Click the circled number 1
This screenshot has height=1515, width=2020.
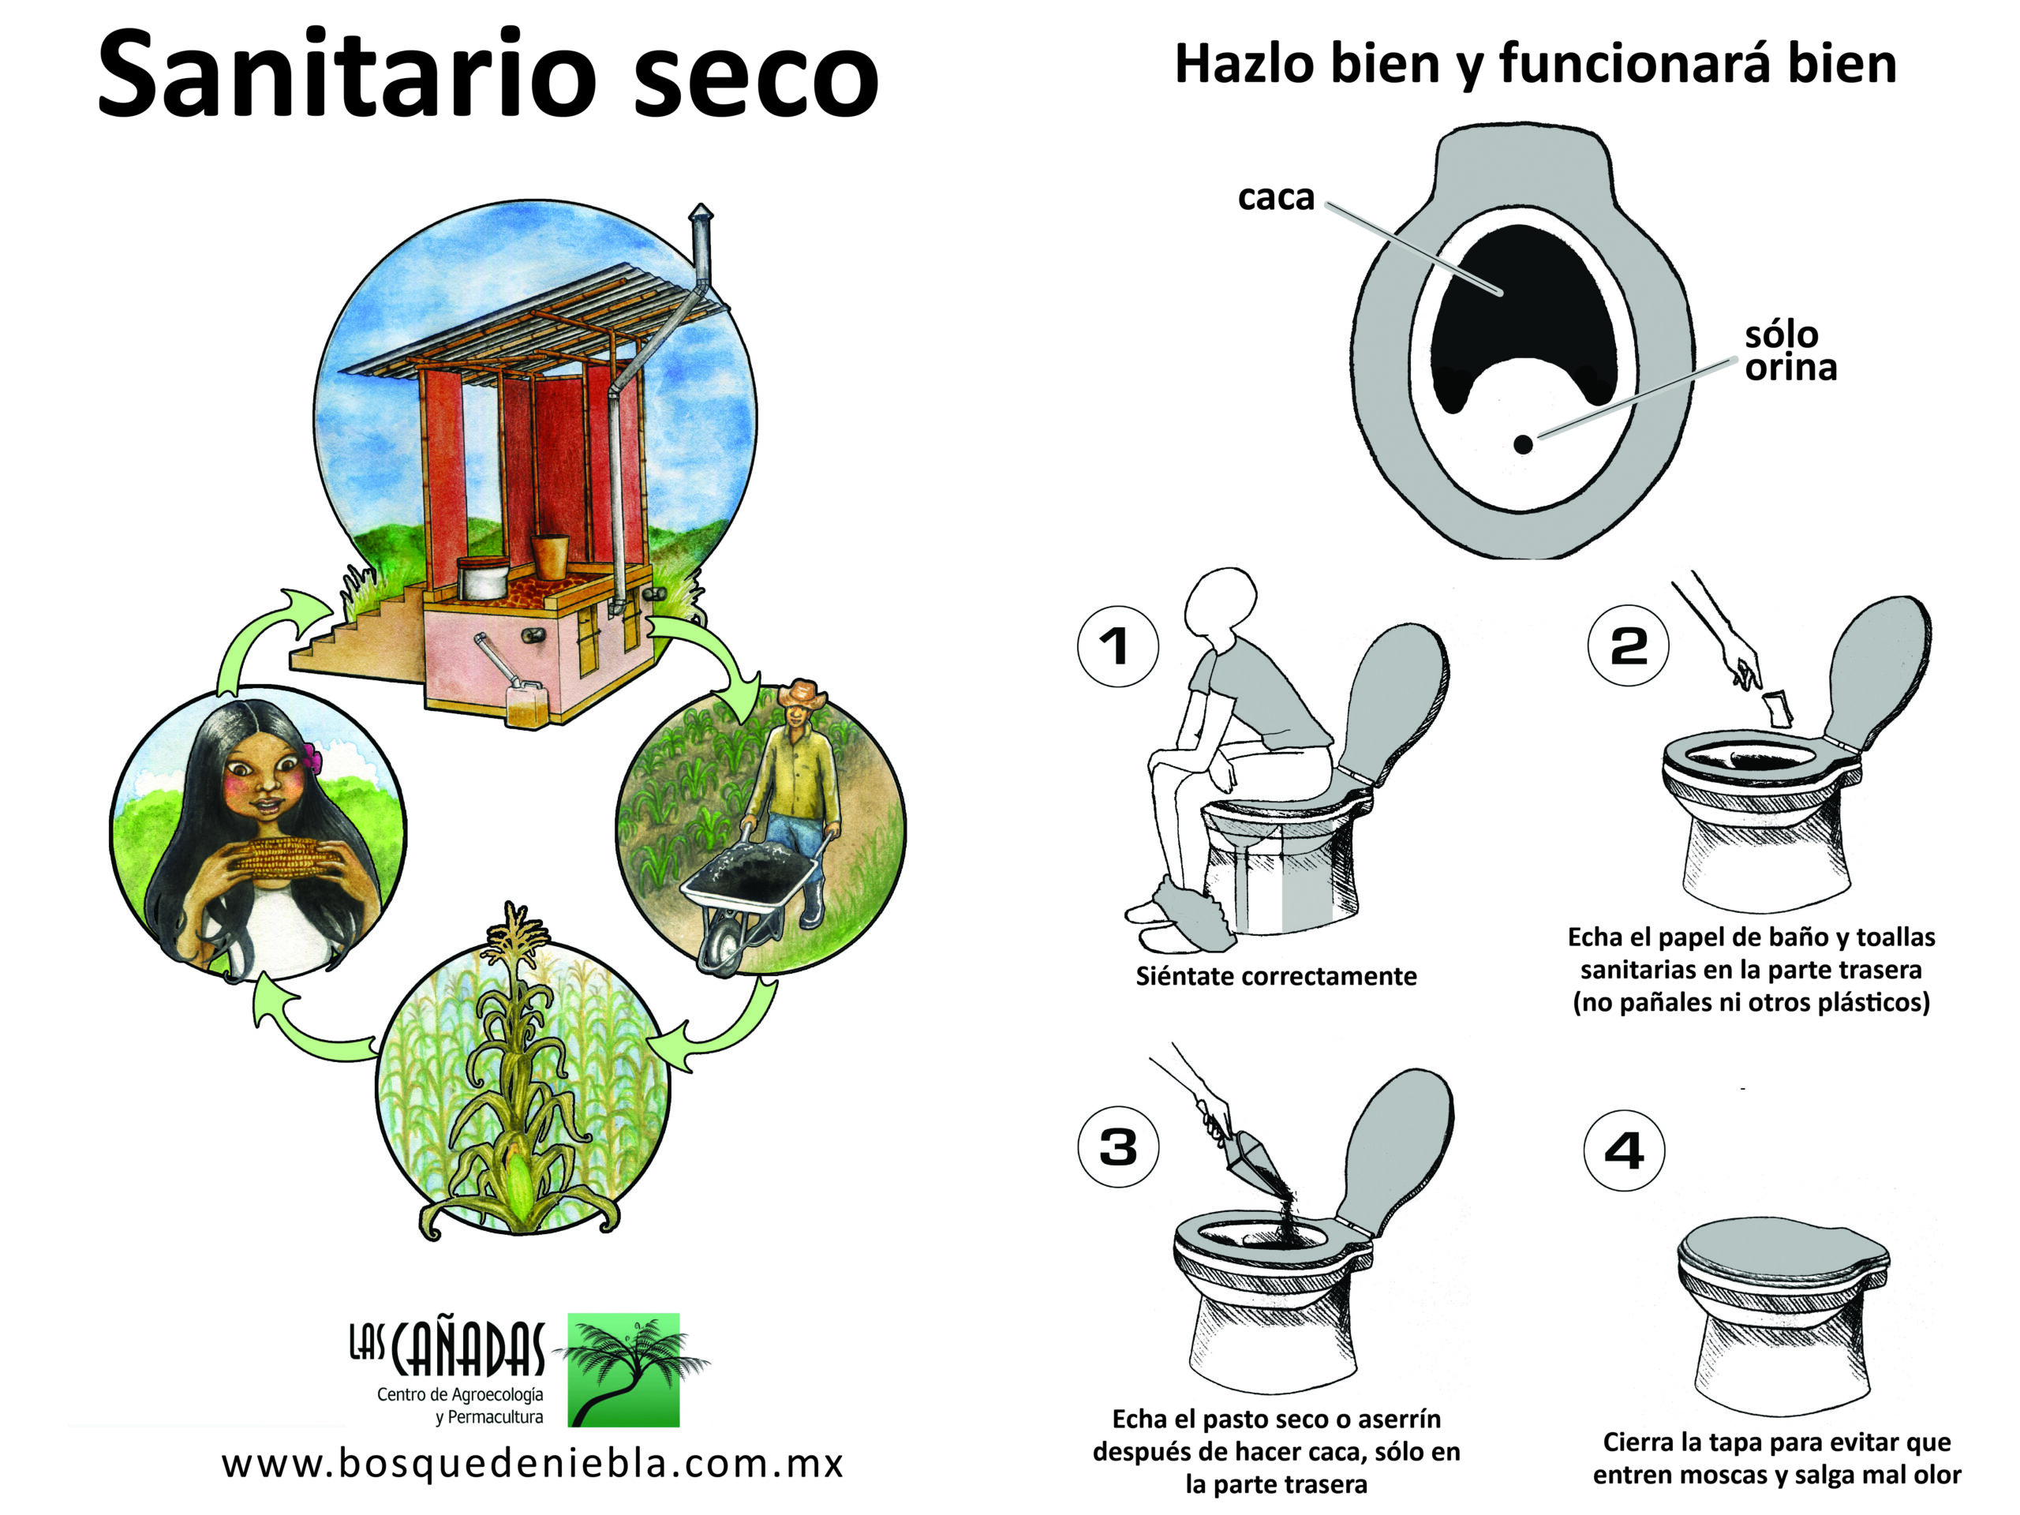click(1118, 646)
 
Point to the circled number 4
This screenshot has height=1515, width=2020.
click(1624, 1150)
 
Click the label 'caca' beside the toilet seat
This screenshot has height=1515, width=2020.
click(1276, 196)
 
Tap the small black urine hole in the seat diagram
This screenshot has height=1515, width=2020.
click(1523, 443)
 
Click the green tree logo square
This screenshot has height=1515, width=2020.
click(623, 1370)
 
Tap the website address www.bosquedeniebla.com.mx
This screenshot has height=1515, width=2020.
click(533, 1464)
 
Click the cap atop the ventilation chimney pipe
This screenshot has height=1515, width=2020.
click(701, 213)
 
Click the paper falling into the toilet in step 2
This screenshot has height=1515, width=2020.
click(1775, 708)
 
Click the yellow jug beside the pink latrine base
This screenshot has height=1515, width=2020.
click(524, 703)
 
